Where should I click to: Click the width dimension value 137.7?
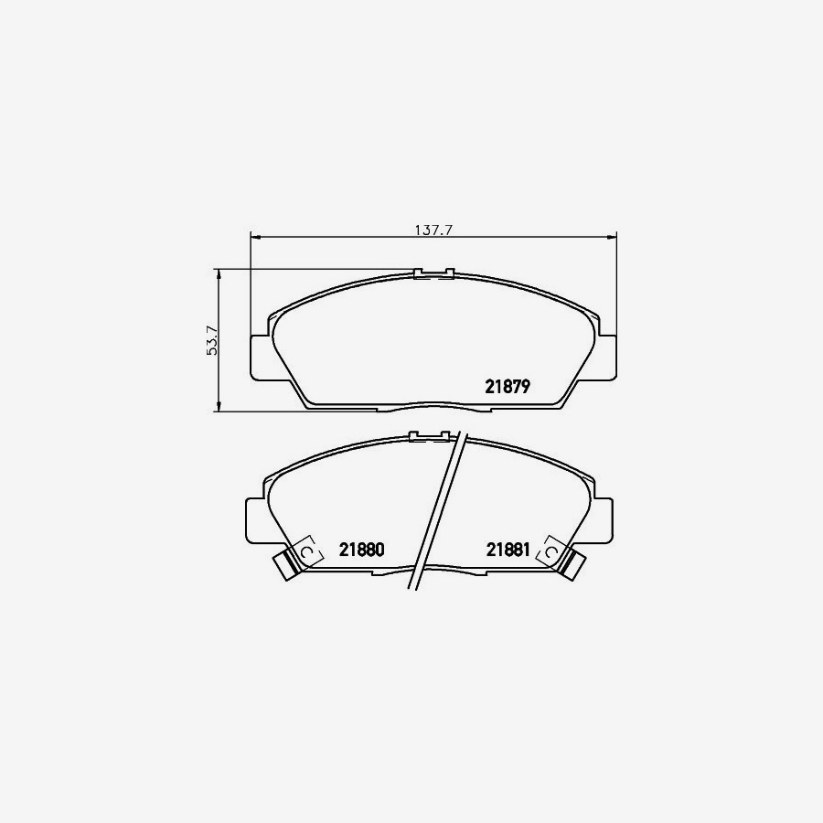(434, 230)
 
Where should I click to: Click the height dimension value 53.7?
(211, 339)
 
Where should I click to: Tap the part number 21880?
(360, 550)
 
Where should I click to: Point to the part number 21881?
(508, 550)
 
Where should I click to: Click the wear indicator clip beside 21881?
(572, 565)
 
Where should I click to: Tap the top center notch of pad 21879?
(434, 273)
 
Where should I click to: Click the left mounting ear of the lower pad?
(256, 522)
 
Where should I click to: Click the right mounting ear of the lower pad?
(604, 522)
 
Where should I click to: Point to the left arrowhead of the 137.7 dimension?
(255, 237)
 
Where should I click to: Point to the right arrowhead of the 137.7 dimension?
(613, 237)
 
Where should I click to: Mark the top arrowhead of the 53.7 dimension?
(218, 273)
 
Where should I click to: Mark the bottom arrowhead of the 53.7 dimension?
(218, 408)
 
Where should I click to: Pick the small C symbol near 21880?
(307, 552)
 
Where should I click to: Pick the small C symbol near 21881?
(550, 552)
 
